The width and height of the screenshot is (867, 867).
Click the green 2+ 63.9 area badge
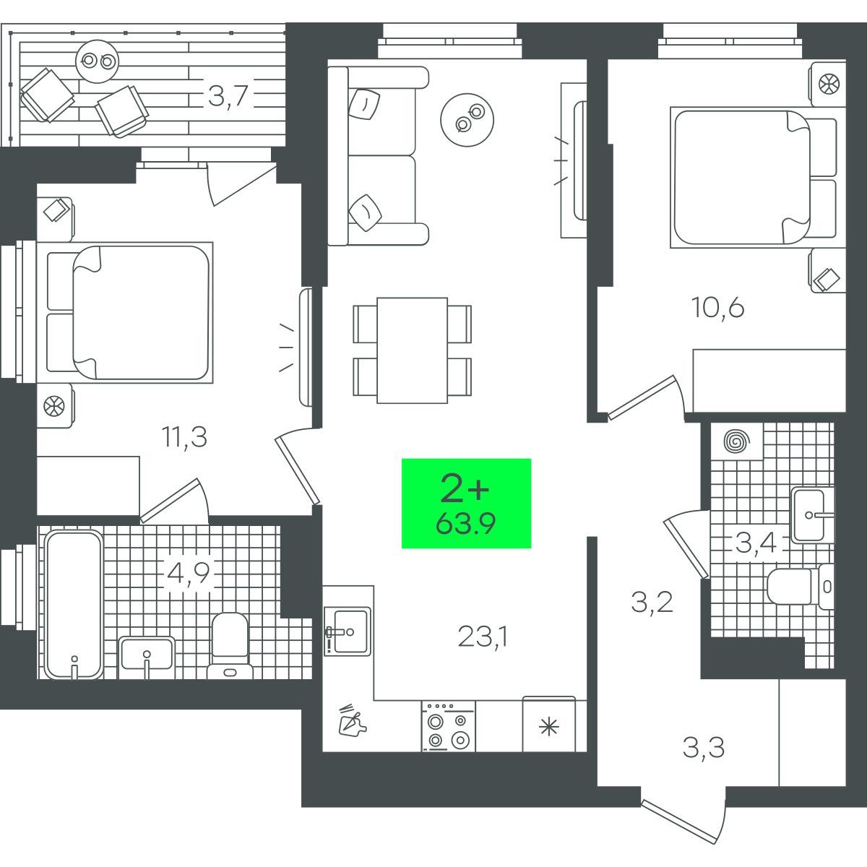click(x=466, y=504)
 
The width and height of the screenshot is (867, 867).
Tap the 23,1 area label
click(x=483, y=637)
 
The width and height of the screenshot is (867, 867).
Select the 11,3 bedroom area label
click(x=184, y=437)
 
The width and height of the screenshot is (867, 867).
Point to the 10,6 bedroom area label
click(x=718, y=309)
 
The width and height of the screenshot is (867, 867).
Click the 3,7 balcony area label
click(x=228, y=96)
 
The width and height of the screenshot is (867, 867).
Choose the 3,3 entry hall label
click(x=703, y=748)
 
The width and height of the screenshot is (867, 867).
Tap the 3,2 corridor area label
click(x=652, y=603)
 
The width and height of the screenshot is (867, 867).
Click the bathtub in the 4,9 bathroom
click(x=74, y=604)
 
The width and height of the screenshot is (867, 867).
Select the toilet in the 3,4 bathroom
click(x=800, y=586)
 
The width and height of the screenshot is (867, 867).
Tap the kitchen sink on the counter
click(x=348, y=631)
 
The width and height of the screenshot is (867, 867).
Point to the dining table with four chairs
click(x=412, y=350)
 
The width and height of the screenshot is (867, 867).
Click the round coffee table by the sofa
click(x=467, y=120)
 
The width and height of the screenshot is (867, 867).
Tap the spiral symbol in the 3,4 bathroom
click(x=736, y=441)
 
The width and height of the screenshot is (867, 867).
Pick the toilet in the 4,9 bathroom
click(x=230, y=646)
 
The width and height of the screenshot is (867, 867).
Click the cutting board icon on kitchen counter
click(x=353, y=719)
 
